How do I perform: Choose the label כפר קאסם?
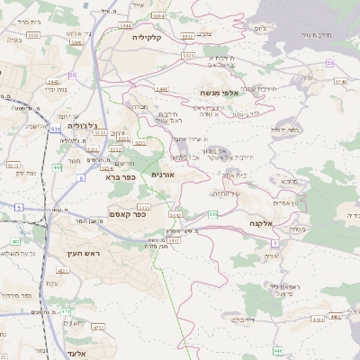click(127, 213)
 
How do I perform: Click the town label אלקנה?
click(268, 222)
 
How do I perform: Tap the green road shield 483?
click(16, 242)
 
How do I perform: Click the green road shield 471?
click(66, 310)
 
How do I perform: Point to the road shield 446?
click(278, 349)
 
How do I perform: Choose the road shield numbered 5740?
click(339, 81)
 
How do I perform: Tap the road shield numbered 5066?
click(158, 15)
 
